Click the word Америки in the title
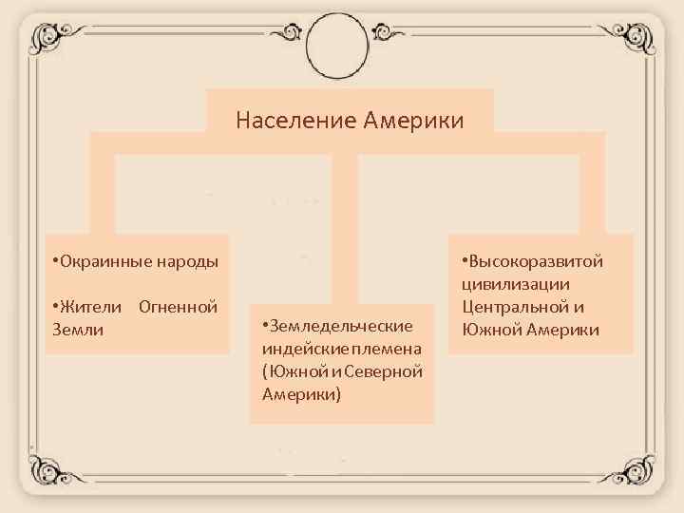410,121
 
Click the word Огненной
179,307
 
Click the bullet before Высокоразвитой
465,262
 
